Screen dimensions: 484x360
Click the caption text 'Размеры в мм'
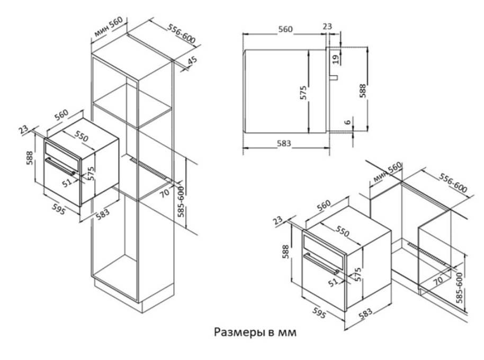coord(255,332)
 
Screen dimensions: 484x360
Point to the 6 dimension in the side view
coord(347,122)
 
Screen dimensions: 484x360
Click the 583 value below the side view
coord(284,143)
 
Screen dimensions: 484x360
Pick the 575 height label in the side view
coord(303,93)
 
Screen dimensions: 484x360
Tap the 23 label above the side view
coord(327,26)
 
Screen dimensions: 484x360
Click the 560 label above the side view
coord(285,29)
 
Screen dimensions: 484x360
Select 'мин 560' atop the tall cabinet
coord(109,27)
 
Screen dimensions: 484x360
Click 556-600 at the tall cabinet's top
coord(182,33)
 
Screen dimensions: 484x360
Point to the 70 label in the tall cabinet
coord(165,193)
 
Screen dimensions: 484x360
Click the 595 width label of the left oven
coord(59,210)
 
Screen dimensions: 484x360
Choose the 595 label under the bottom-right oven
coord(319,313)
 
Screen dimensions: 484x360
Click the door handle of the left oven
coord(60,167)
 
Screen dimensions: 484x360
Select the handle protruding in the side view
coord(334,77)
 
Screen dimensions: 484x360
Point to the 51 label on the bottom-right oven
coord(333,282)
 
